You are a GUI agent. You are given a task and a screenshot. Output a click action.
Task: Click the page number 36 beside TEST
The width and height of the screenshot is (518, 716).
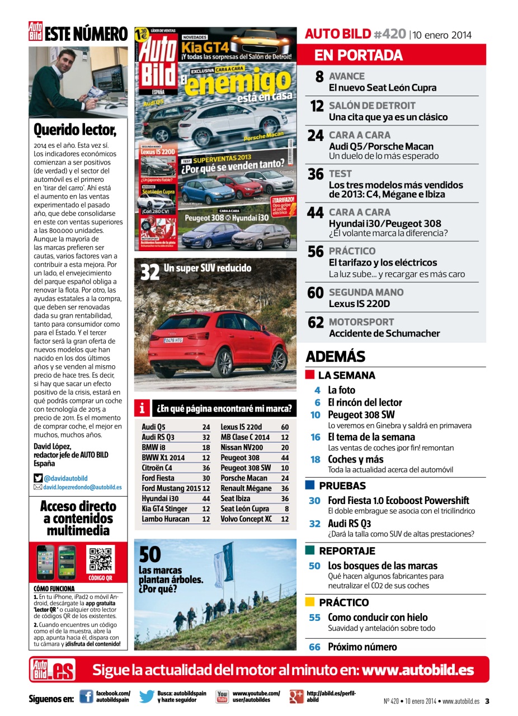tap(315, 175)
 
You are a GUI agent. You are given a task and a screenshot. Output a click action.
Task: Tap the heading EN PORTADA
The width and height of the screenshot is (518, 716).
tap(358, 55)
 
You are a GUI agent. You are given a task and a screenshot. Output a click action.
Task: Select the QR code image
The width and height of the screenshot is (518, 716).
tap(101, 559)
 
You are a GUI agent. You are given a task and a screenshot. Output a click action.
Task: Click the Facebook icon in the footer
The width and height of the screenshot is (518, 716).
tap(86, 696)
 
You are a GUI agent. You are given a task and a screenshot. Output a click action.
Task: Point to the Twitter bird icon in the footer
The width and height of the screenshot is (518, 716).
tap(147, 696)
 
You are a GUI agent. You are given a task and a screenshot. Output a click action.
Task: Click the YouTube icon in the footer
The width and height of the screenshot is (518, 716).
tap(222, 696)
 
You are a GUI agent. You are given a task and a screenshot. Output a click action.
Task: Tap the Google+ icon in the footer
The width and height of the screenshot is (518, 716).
tap(296, 696)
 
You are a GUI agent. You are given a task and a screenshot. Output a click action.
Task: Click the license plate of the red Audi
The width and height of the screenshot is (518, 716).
tap(173, 340)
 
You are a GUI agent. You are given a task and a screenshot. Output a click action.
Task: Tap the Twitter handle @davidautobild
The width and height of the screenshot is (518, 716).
tap(65, 478)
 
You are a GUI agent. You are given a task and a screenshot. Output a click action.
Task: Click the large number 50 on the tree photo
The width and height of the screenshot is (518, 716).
tap(149, 555)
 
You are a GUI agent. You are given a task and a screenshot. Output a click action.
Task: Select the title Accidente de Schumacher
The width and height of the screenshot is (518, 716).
tap(384, 333)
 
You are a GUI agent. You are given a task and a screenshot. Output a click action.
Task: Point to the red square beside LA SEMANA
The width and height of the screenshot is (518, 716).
tap(310, 375)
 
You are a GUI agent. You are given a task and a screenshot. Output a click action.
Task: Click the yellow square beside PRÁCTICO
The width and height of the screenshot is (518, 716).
tap(310, 602)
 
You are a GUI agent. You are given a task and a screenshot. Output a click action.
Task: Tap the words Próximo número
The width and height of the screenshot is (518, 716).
tap(362, 647)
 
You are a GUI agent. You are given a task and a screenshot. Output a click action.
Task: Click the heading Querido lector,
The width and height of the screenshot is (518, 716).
tap(75, 130)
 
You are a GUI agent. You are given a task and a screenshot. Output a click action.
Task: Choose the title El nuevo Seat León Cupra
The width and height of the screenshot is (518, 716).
tap(383, 88)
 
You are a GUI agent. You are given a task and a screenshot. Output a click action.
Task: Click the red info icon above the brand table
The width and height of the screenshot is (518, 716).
tap(143, 409)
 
